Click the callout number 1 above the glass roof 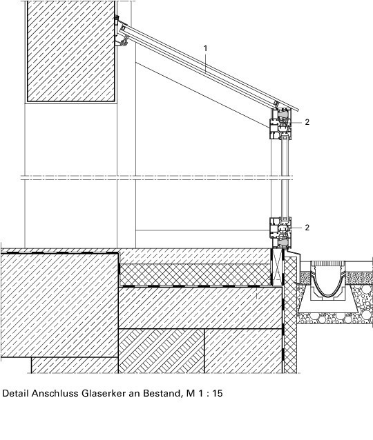pyautogui.click(x=205, y=48)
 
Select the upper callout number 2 pyautogui.click(x=307, y=122)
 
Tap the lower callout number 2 pyautogui.click(x=307, y=228)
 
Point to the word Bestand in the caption pyautogui.click(x=162, y=393)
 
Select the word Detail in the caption pyautogui.click(x=15, y=393)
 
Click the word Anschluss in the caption pyautogui.click(x=55, y=393)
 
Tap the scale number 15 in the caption pyautogui.click(x=218, y=393)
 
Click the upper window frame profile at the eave pyautogui.click(x=280, y=123)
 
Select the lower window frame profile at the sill pyautogui.click(x=280, y=232)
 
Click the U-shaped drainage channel pyautogui.click(x=327, y=281)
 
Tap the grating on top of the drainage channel pyautogui.click(x=327, y=263)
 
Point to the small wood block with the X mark pyautogui.click(x=277, y=267)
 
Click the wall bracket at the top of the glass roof pyautogui.click(x=121, y=32)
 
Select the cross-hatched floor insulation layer pyautogui.click(x=195, y=274)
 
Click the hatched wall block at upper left pyautogui.click(x=71, y=51)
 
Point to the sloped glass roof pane pyautogui.click(x=208, y=66)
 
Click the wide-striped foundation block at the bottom pyautogui.click(x=162, y=351)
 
